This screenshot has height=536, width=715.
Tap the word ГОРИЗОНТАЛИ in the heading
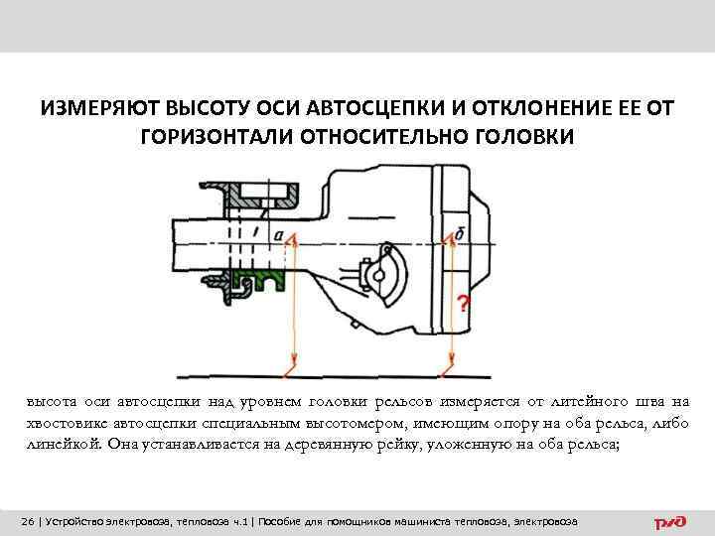pyautogui.click(x=216, y=136)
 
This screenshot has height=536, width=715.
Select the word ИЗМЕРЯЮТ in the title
pyautogui.click(x=100, y=108)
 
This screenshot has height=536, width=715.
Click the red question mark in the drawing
pyautogui.click(x=464, y=303)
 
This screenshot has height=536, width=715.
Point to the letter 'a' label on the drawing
pyautogui.click(x=279, y=236)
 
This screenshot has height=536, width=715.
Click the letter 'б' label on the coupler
pyautogui.click(x=459, y=234)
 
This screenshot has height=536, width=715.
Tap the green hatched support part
pyautogui.click(x=258, y=279)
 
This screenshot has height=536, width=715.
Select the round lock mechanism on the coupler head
pyautogui.click(x=382, y=273)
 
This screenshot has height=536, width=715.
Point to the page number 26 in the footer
pyautogui.click(x=28, y=521)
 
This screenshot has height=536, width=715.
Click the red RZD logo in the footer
pyautogui.click(x=670, y=522)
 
